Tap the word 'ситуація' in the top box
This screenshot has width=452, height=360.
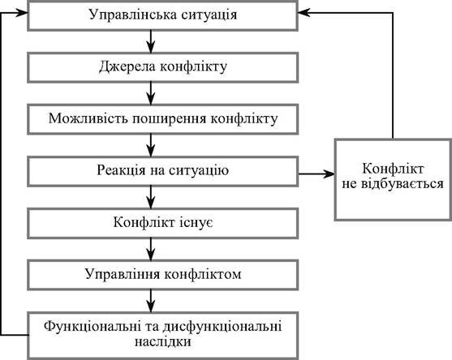(209, 15)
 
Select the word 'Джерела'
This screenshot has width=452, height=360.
(127, 67)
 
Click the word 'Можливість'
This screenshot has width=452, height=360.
(88, 118)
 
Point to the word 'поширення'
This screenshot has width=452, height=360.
(170, 119)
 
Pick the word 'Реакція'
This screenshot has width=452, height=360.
(121, 170)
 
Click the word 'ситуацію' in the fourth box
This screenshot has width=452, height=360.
(199, 170)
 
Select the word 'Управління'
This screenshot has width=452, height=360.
(123, 274)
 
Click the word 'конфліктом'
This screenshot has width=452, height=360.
(203, 274)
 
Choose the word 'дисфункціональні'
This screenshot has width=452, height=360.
(222, 327)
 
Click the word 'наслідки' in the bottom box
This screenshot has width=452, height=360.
(163, 342)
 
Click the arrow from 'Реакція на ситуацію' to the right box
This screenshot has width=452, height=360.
(316, 174)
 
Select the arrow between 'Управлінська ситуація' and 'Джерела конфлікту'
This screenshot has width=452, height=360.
(151, 41)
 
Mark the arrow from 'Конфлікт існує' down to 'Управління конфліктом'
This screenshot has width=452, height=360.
(151, 250)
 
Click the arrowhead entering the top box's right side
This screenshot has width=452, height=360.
(304, 13)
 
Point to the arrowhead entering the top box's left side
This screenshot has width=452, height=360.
(21, 13)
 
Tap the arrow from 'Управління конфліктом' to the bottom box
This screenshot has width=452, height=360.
(151, 301)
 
